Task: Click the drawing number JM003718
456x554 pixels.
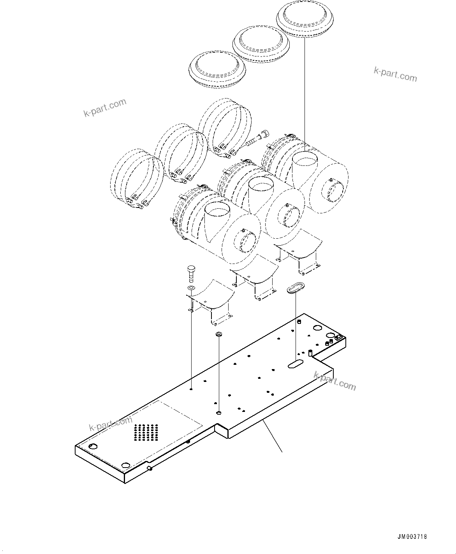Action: [412, 536]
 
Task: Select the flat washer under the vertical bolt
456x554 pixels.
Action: [191, 288]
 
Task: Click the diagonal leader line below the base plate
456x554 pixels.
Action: [273, 436]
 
